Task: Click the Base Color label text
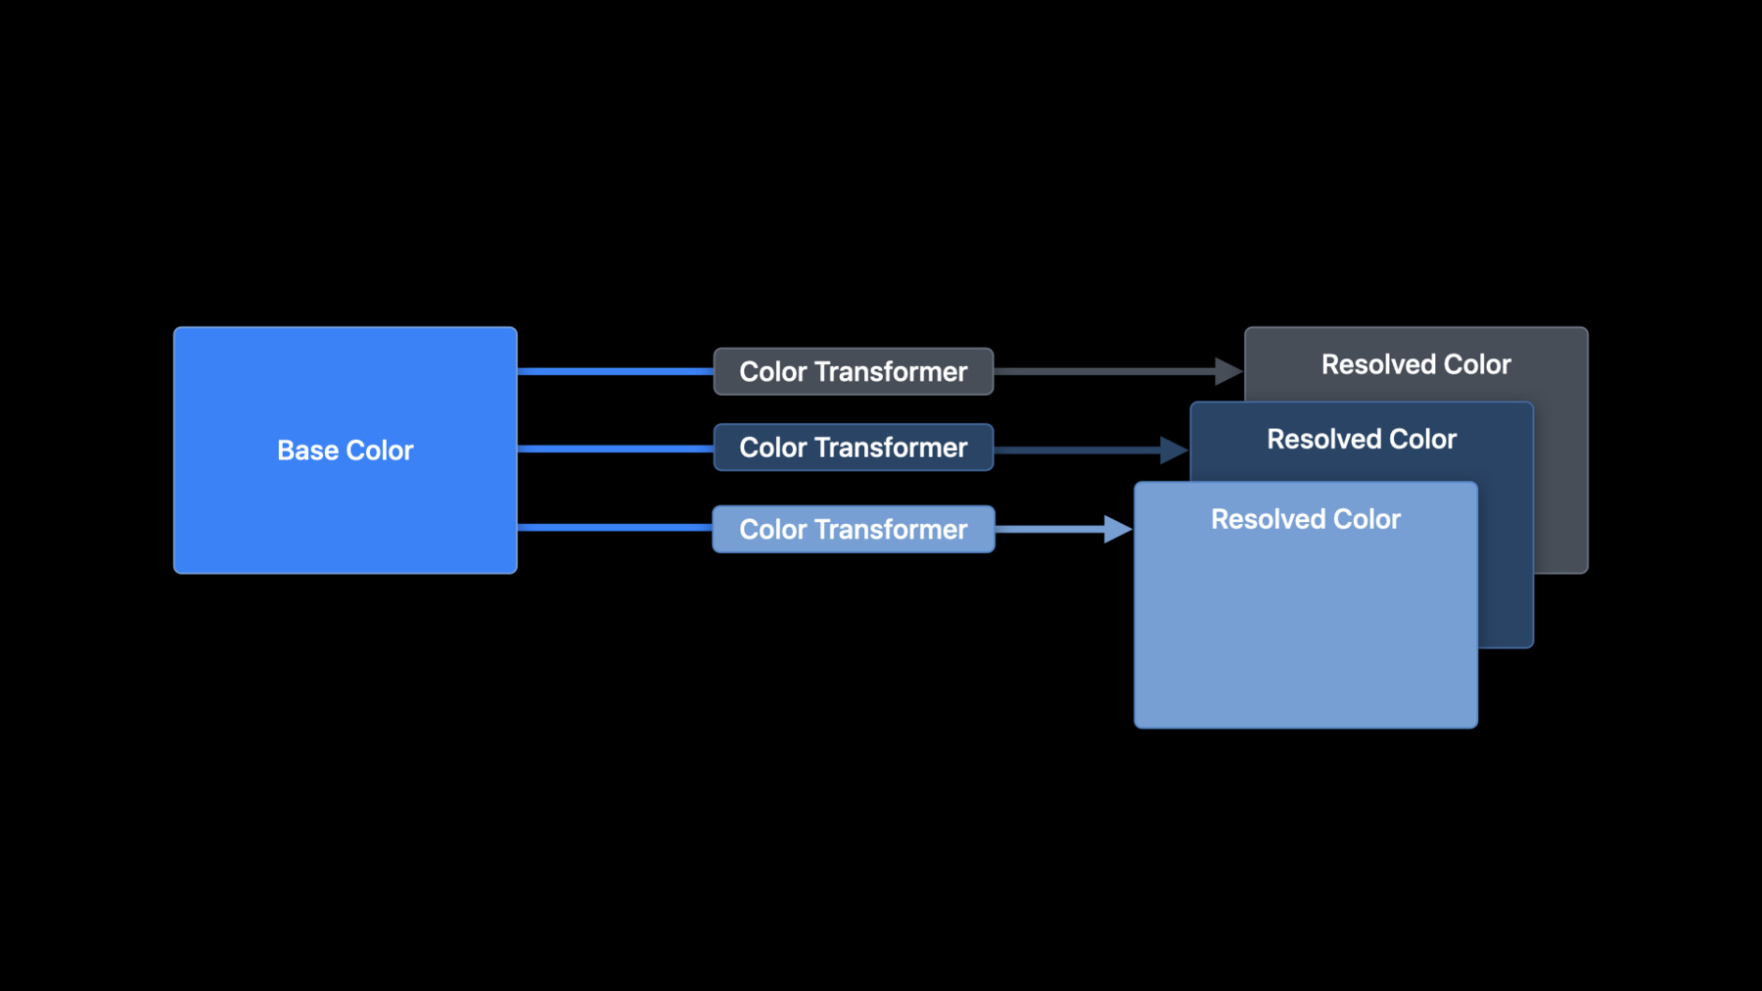click(x=345, y=450)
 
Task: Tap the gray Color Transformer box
click(x=854, y=371)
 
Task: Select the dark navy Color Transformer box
click(x=854, y=448)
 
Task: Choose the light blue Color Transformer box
click(x=854, y=529)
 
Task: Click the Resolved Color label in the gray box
click(x=1415, y=364)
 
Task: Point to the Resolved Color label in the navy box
click(x=1362, y=439)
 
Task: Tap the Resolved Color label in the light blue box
click(x=1306, y=519)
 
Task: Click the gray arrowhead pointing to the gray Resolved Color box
click(x=1229, y=371)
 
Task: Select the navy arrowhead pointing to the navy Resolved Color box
click(x=1174, y=450)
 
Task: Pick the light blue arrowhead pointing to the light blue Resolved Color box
click(x=1118, y=529)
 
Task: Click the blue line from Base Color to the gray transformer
click(x=615, y=371)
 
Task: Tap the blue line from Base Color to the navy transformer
click(x=615, y=448)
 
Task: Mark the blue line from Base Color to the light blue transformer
click(x=615, y=528)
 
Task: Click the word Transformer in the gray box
click(x=891, y=372)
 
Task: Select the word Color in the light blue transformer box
click(x=773, y=530)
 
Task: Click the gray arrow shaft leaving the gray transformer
click(x=1104, y=371)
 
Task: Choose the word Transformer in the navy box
click(x=891, y=448)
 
